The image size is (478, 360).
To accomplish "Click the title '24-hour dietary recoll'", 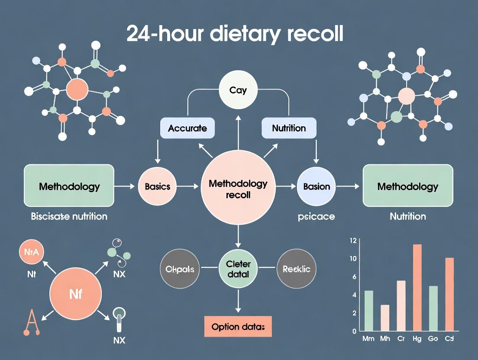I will click(x=235, y=34).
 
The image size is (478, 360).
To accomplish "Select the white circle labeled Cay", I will click(x=238, y=90).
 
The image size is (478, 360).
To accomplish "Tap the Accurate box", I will click(x=187, y=128).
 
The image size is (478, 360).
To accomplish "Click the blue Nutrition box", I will click(x=289, y=128).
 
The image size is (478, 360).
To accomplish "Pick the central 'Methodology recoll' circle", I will click(x=238, y=189).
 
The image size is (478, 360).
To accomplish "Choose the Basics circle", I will click(x=157, y=186).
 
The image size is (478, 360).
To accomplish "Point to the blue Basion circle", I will click(x=317, y=186).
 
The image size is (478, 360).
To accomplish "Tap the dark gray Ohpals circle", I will click(x=180, y=269).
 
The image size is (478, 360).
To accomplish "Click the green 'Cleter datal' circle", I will click(x=238, y=268).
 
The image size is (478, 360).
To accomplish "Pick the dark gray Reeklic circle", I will click(x=296, y=269).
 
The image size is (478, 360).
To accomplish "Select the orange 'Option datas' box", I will click(x=238, y=327).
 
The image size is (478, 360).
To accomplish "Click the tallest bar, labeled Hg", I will click(x=417, y=288).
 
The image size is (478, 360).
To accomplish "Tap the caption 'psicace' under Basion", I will click(x=317, y=216).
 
